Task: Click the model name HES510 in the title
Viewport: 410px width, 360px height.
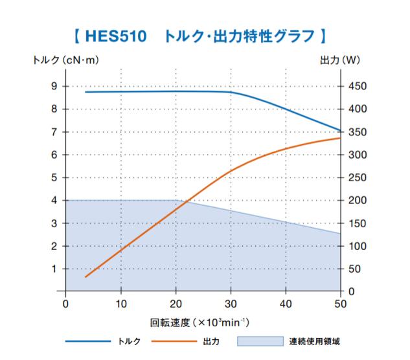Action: click(117, 34)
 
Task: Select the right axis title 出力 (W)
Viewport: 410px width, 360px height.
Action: click(341, 61)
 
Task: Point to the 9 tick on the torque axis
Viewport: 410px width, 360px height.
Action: click(54, 86)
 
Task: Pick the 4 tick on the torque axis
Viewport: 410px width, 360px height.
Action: click(54, 200)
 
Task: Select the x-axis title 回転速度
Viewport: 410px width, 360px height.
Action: click(170, 322)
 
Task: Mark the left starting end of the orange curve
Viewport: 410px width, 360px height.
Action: click(85, 276)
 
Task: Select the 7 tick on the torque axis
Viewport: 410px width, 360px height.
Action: click(54, 132)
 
